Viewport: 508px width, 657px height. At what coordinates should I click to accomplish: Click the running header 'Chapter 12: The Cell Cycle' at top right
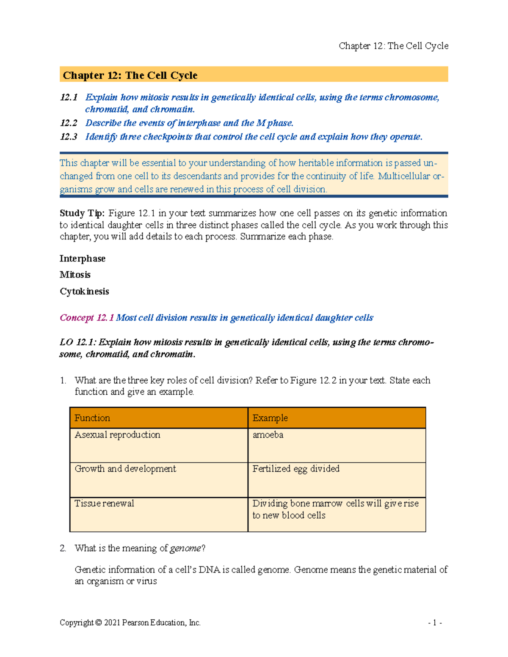[x=393, y=46]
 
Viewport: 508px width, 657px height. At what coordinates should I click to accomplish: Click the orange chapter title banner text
[x=130, y=75]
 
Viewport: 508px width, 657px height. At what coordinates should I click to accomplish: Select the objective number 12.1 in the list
[x=69, y=97]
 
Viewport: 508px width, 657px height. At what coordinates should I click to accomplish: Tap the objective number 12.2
[x=69, y=123]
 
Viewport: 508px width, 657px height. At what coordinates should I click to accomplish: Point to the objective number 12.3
[x=69, y=137]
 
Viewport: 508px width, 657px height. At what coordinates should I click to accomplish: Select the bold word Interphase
[x=83, y=258]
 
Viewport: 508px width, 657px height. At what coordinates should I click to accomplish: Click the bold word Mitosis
[x=75, y=275]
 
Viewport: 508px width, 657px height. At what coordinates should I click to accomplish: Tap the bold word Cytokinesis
[x=84, y=291]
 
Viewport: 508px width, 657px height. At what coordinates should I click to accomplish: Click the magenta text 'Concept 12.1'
[x=86, y=318]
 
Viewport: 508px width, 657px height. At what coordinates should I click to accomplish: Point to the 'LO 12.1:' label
[x=77, y=342]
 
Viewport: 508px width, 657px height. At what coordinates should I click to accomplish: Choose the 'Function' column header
[x=92, y=418]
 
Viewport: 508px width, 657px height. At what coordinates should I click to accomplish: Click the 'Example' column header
[x=270, y=418]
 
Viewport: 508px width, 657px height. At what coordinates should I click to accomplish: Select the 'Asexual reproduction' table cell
[x=117, y=435]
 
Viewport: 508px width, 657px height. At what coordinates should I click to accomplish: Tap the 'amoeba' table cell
[x=268, y=435]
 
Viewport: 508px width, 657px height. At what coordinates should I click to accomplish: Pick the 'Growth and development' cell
[x=125, y=469]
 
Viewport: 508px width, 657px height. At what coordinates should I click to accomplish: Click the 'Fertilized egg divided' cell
[x=296, y=469]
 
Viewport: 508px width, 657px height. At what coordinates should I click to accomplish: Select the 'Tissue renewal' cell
[x=104, y=503]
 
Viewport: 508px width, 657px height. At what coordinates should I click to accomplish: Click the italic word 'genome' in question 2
[x=185, y=548]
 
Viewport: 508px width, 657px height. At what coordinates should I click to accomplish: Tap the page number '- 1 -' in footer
[x=435, y=623]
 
